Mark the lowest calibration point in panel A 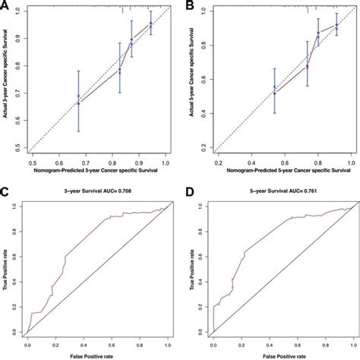point(78,102)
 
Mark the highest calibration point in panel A point(151,24)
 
